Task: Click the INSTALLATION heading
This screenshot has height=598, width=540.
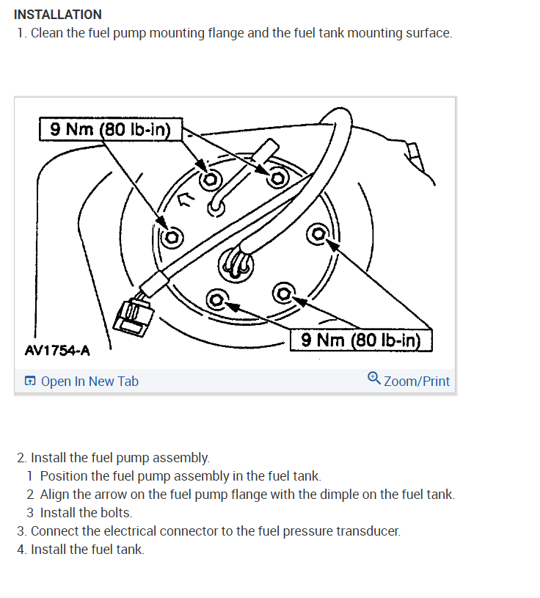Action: click(58, 15)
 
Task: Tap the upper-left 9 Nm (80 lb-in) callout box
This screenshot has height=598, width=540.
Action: click(110, 130)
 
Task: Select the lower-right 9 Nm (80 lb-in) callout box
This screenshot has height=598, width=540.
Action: click(361, 340)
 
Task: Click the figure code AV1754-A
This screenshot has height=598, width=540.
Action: click(57, 350)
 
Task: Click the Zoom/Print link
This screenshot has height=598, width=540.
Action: click(417, 382)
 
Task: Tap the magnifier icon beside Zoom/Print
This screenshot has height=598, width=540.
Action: click(373, 379)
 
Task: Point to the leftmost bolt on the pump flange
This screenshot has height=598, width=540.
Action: click(172, 238)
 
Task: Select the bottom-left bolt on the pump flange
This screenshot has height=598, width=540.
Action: click(216, 299)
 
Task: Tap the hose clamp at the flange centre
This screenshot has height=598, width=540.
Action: click(238, 261)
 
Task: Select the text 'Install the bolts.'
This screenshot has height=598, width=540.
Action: click(86, 513)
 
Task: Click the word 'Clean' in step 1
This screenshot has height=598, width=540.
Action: click(45, 34)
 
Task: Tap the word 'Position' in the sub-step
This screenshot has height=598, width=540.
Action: click(63, 476)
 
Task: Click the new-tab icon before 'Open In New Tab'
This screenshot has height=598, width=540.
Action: click(30, 382)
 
